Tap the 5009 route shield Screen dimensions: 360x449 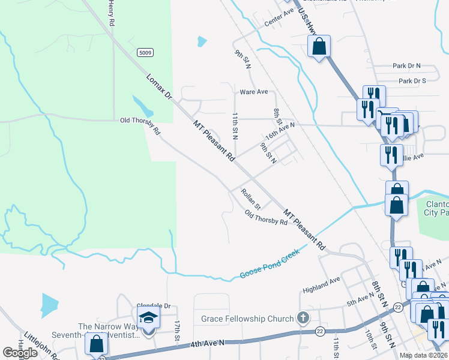(144, 53)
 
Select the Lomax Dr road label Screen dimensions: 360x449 (159, 86)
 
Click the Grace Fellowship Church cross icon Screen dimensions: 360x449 (304, 318)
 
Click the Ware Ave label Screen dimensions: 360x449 (253, 92)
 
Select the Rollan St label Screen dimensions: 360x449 (250, 199)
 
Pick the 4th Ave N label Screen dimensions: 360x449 (207, 343)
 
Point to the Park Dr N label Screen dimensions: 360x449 (407, 65)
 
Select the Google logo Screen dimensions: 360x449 (20, 353)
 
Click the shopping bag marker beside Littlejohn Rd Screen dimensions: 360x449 (97, 344)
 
